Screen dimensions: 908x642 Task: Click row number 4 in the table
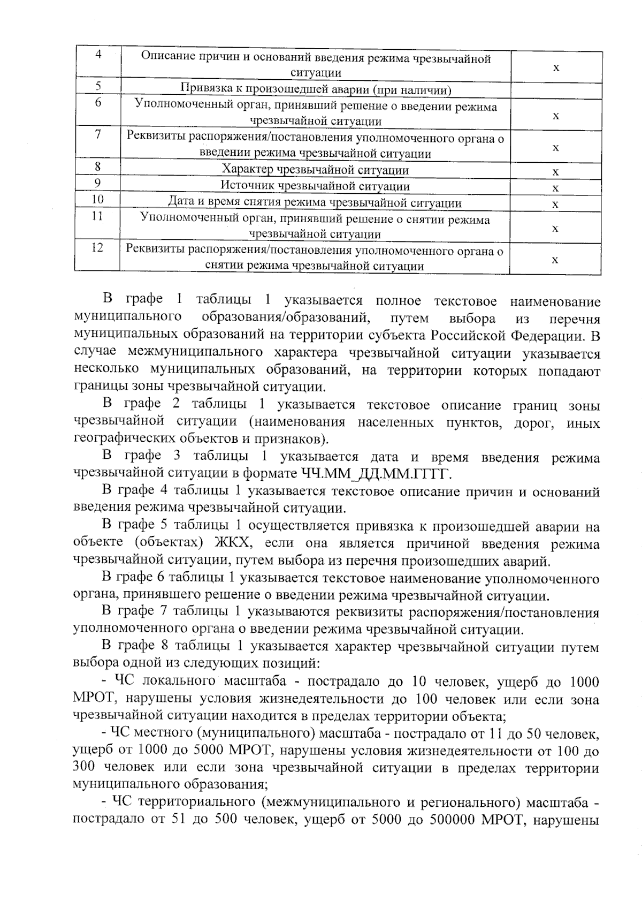tap(98, 56)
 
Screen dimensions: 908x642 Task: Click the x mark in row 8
tap(556, 172)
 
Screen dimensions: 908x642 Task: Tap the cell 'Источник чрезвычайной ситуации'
tap(315, 186)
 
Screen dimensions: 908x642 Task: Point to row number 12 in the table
tap(97, 248)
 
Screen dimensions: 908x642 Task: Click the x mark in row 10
tap(556, 204)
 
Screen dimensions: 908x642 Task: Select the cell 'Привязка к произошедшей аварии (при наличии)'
tap(315, 89)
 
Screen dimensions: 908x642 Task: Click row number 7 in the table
tap(98, 134)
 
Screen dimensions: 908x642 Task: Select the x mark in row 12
tap(556, 260)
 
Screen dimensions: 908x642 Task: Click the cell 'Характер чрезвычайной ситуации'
tap(315, 170)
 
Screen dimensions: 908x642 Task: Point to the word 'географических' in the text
tap(118, 439)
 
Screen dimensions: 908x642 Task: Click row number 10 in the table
tap(97, 200)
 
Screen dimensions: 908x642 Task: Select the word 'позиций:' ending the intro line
tap(293, 663)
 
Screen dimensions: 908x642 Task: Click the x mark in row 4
tap(556, 67)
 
